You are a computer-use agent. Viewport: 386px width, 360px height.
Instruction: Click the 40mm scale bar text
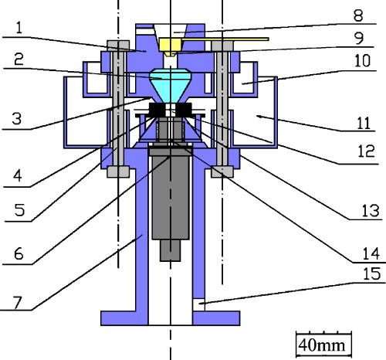point(323,342)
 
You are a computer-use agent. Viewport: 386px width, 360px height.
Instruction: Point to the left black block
point(155,111)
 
